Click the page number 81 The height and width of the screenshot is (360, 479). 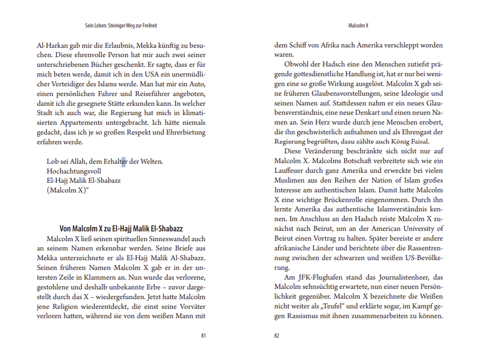click(x=203, y=336)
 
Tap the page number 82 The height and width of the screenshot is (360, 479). click(x=276, y=336)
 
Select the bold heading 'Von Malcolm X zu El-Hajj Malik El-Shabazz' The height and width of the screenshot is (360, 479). click(x=121, y=228)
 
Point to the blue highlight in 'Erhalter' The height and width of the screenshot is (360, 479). click(x=123, y=162)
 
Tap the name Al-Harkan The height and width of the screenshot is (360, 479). click(x=53, y=45)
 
